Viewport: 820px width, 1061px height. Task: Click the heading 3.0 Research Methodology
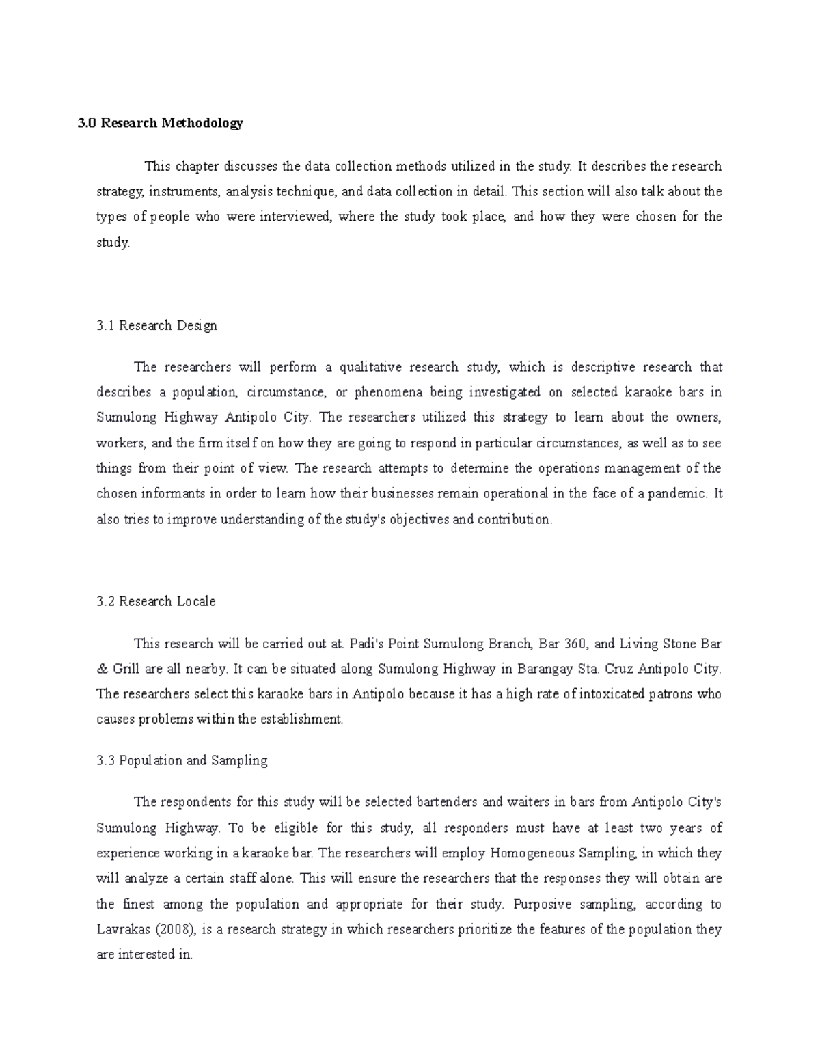click(159, 124)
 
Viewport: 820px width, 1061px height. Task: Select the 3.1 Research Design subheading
click(156, 326)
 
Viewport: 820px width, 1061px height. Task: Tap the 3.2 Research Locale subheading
click(156, 602)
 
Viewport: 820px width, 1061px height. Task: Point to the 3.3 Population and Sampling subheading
click(182, 760)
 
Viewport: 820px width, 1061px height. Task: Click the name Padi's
click(367, 644)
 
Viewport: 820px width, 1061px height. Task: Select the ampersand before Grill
click(102, 669)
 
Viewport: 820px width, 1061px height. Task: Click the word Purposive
click(541, 905)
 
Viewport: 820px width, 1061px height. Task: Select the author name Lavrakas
click(124, 930)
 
